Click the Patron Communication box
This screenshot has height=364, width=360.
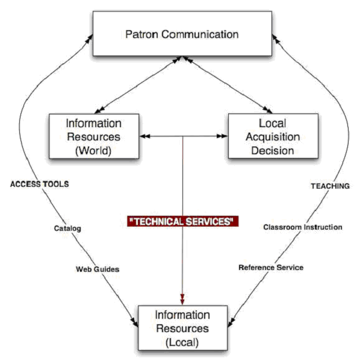(x=182, y=34)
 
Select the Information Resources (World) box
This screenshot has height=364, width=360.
(x=94, y=136)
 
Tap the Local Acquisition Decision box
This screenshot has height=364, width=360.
(x=273, y=136)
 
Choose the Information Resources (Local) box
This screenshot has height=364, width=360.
(x=183, y=328)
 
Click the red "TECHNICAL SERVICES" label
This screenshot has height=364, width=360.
(x=183, y=221)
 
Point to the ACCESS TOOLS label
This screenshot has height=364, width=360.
(x=40, y=184)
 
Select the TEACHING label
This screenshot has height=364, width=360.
(x=331, y=186)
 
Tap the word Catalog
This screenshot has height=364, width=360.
(x=67, y=228)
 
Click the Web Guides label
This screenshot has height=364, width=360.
(x=98, y=269)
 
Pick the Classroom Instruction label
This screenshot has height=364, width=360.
(x=303, y=227)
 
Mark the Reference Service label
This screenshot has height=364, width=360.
(x=271, y=268)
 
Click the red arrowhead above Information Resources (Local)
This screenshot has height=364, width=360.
(x=182, y=300)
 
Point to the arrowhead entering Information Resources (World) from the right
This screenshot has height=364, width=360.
(x=145, y=136)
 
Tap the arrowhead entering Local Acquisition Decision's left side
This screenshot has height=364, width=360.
(x=222, y=136)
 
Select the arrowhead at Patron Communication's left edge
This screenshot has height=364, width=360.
(x=89, y=40)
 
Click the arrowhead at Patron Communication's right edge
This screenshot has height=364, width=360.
(x=276, y=40)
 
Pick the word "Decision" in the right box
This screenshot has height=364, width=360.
(x=273, y=151)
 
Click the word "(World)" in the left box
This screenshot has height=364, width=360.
(x=93, y=151)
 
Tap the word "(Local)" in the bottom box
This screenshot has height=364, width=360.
(x=182, y=342)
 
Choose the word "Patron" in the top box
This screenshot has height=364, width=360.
(x=142, y=34)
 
